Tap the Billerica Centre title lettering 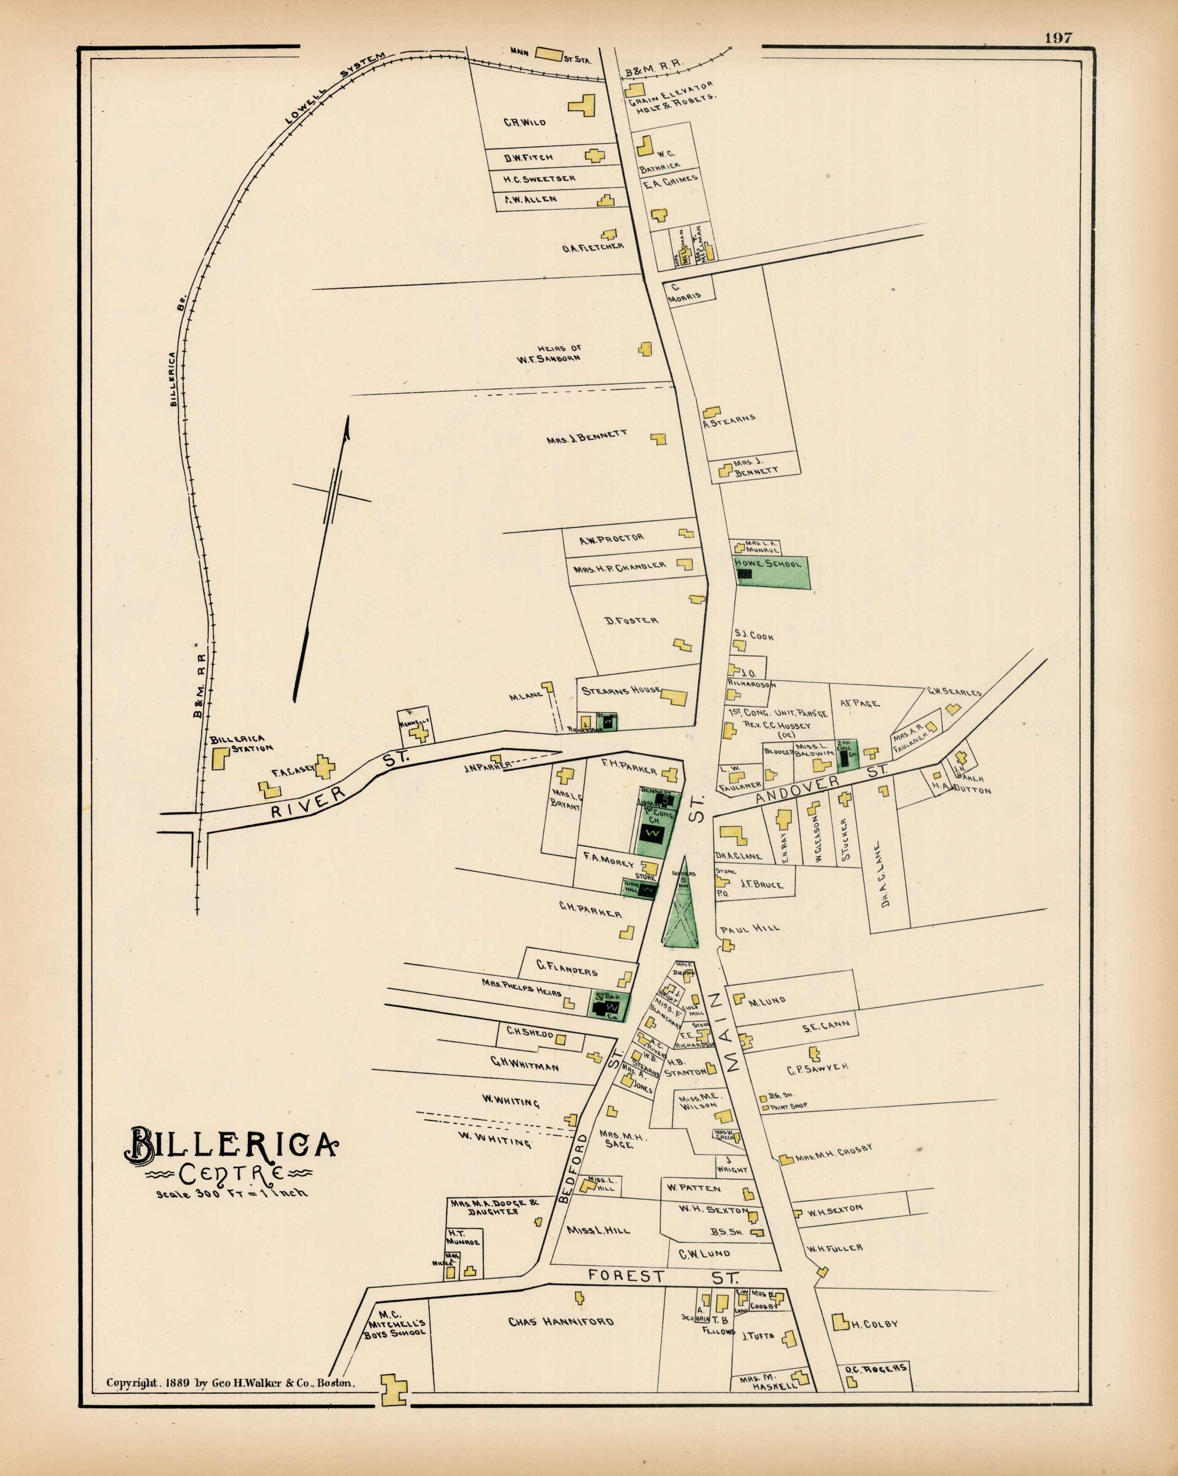click(231, 1144)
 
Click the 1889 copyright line click(230, 1382)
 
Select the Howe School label click(767, 563)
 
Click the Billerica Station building click(220, 759)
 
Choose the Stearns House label click(620, 691)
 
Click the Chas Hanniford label click(560, 1321)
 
